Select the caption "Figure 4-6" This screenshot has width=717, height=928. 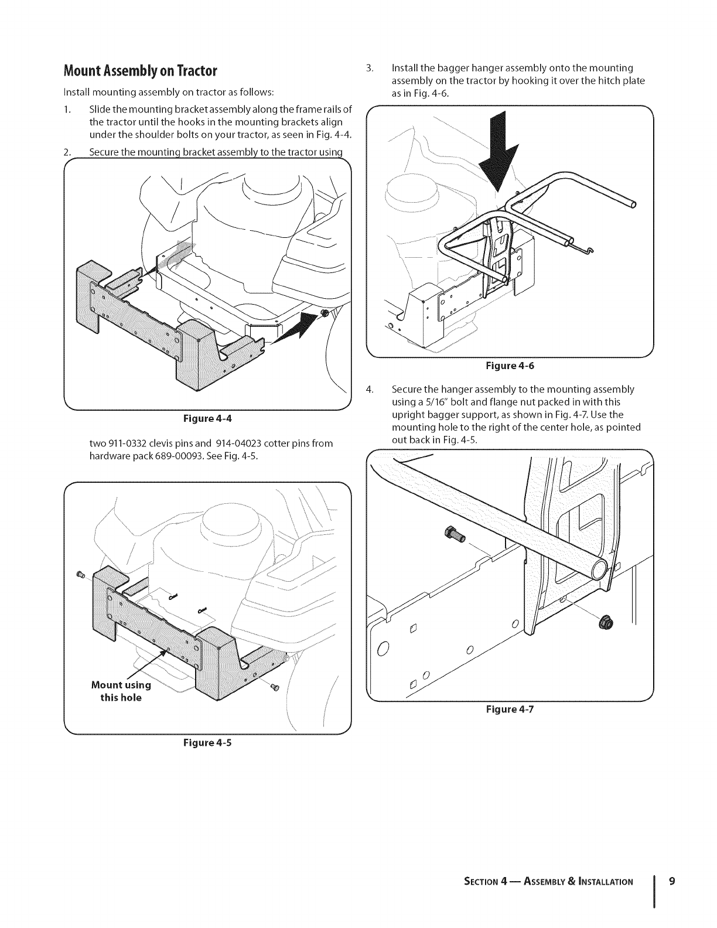click(x=510, y=366)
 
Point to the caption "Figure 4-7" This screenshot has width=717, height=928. click(x=510, y=709)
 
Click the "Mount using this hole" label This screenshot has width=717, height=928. click(x=121, y=691)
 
